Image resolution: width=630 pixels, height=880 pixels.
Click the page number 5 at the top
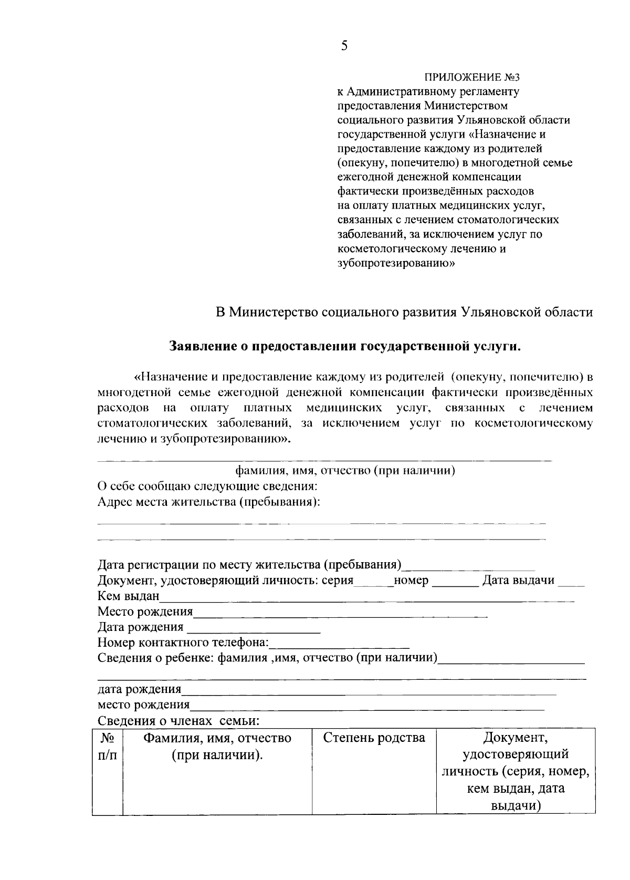tap(344, 46)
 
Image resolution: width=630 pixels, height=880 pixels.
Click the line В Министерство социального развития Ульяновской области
tap(405, 312)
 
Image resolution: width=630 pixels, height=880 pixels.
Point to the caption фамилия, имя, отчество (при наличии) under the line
tap(345, 470)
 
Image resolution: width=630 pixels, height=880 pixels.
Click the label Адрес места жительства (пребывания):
tap(209, 502)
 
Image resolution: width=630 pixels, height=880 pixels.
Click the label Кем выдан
tap(128, 596)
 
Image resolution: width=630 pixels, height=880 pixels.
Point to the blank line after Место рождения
tap(340, 613)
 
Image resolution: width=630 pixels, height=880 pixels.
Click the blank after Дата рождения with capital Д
tap(254, 628)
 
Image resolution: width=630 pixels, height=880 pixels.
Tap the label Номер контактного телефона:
tap(183, 643)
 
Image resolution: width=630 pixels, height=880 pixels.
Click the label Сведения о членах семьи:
tap(178, 721)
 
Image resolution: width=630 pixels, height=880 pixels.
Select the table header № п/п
tap(107, 747)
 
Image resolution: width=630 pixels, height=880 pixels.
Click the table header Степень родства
tap(374, 738)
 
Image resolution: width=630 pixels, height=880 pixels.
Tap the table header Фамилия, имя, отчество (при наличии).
tap(217, 747)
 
